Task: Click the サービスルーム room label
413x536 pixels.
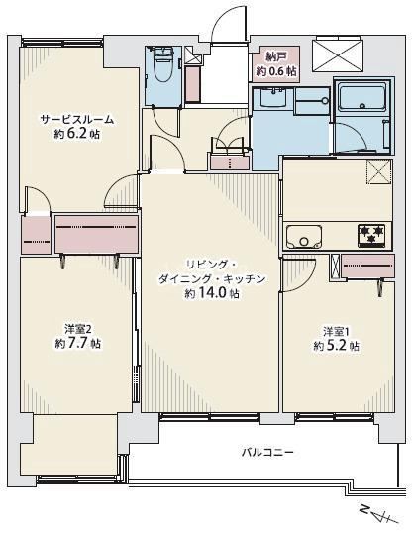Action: point(76,120)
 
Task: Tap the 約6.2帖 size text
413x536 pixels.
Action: point(75,133)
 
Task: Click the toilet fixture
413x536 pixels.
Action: point(160,67)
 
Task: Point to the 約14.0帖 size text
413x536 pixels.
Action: point(211,294)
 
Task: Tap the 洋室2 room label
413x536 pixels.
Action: point(75,329)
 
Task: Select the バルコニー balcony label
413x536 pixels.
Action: point(267,452)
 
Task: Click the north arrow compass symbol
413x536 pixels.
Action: point(377,515)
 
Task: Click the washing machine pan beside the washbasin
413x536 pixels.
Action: point(308,101)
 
